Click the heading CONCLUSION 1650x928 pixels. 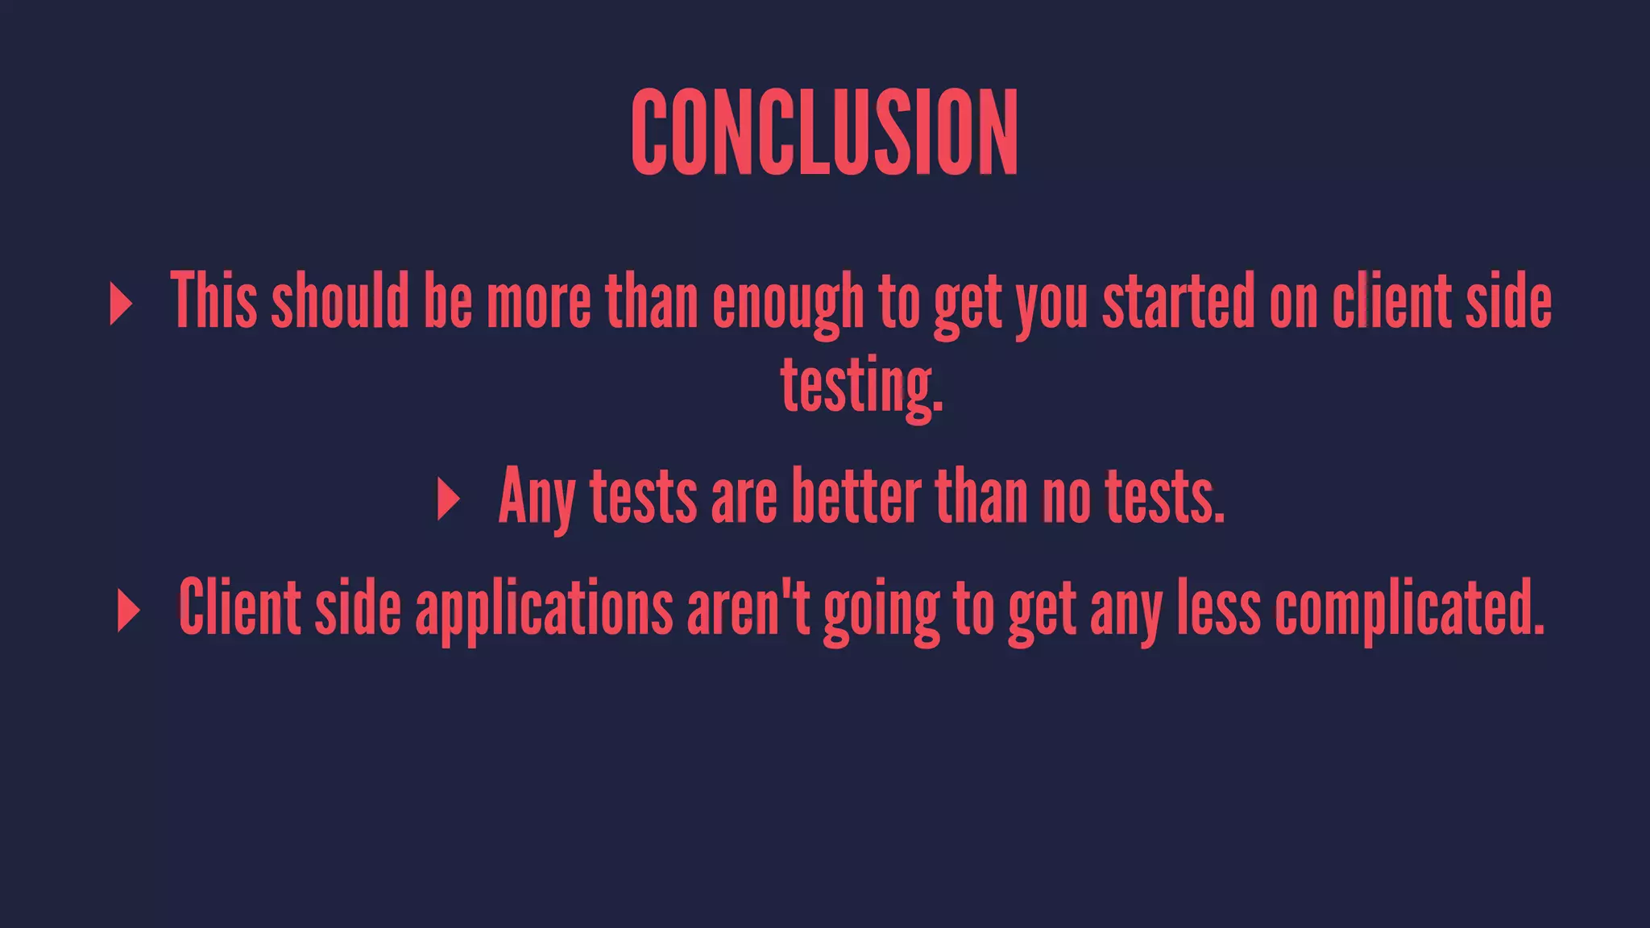(824, 132)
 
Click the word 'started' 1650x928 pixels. (1179, 300)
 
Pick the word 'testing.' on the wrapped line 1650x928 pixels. (861, 386)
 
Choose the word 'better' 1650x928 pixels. (856, 496)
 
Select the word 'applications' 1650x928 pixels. (544, 609)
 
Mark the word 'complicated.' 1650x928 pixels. (1410, 607)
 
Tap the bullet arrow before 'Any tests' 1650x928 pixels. (448, 499)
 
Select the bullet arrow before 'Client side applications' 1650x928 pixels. (128, 610)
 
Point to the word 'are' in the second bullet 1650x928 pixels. (744, 498)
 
